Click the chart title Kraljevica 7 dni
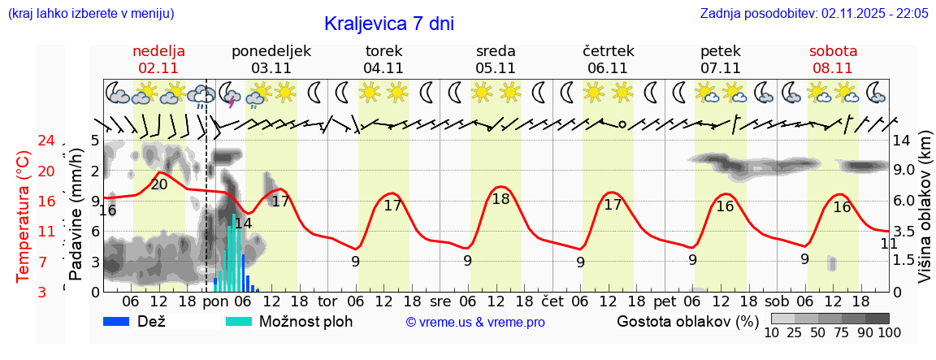pos(388,24)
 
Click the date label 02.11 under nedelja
pos(158,68)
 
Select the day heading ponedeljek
pos(271,51)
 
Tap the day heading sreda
pos(496,51)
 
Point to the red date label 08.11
pos(833,68)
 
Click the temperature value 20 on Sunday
pos(159,184)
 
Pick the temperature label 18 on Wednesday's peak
pos(500,199)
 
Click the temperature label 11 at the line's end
pos(889,243)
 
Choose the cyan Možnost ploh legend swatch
pos(240,321)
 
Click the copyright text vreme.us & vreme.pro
pos(475,322)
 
